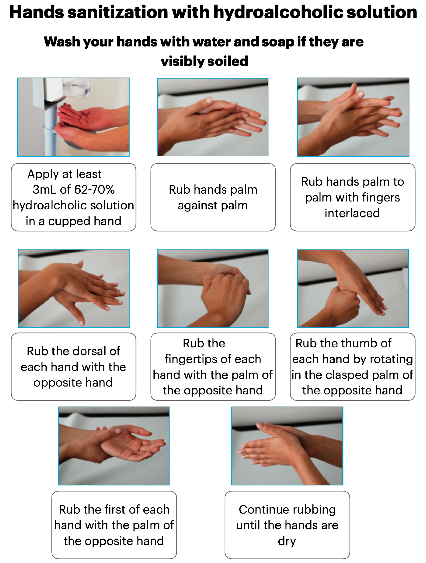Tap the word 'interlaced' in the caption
352,213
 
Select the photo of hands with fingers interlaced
353,117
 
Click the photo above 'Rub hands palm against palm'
213,117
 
